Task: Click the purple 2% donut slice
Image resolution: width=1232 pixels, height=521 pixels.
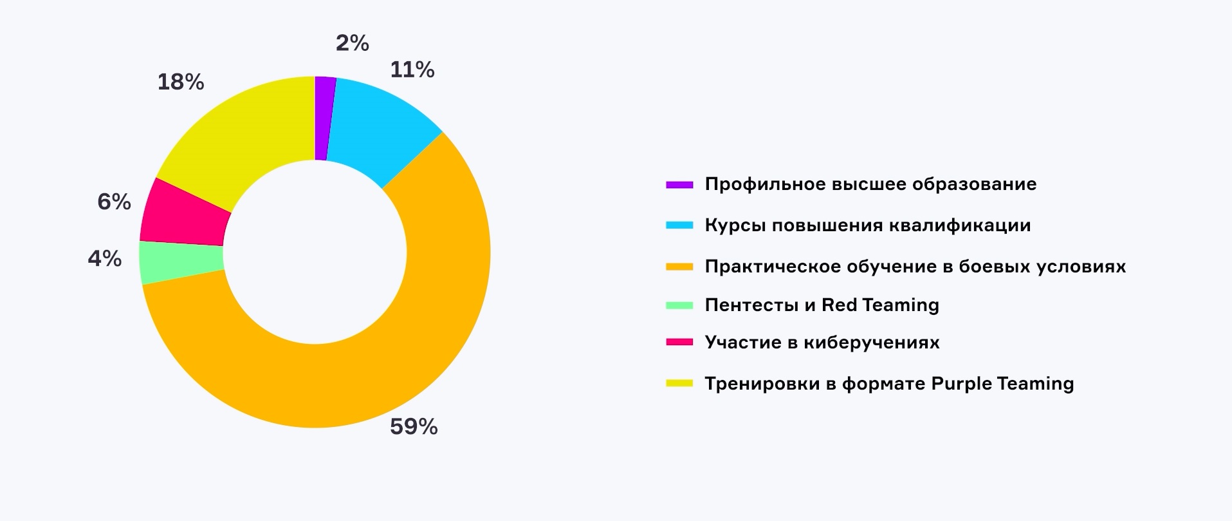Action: [x=323, y=118]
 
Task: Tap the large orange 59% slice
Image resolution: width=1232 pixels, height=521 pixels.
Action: [x=412, y=322]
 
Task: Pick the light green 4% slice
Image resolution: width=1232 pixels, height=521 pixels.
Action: [x=182, y=263]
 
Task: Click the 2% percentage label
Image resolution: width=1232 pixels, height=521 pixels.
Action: [x=353, y=43]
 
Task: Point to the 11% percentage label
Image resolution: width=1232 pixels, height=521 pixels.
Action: [x=412, y=70]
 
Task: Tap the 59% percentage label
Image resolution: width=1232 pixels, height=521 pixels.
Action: [x=414, y=427]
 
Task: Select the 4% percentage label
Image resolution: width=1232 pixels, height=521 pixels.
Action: [x=105, y=259]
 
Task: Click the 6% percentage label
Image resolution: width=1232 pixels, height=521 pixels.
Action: [x=115, y=202]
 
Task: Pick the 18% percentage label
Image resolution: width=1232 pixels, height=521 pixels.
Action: [x=181, y=82]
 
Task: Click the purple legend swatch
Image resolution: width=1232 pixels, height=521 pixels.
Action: [x=679, y=185]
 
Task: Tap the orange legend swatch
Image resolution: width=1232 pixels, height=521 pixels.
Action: [x=679, y=267]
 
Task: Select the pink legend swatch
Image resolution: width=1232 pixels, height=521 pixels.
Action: [x=679, y=343]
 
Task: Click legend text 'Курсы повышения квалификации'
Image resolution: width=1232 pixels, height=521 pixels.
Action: [x=868, y=225]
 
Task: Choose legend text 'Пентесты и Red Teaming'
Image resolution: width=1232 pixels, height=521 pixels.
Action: [x=822, y=305]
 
